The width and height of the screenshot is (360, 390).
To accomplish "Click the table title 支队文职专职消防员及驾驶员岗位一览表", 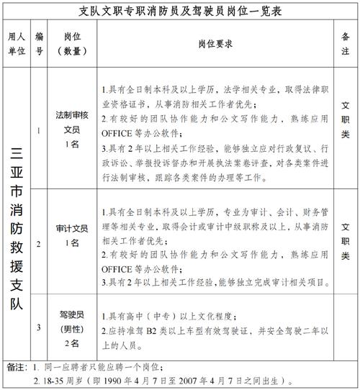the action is pos(179,12).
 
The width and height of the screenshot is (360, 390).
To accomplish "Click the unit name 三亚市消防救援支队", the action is pos(17,227).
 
